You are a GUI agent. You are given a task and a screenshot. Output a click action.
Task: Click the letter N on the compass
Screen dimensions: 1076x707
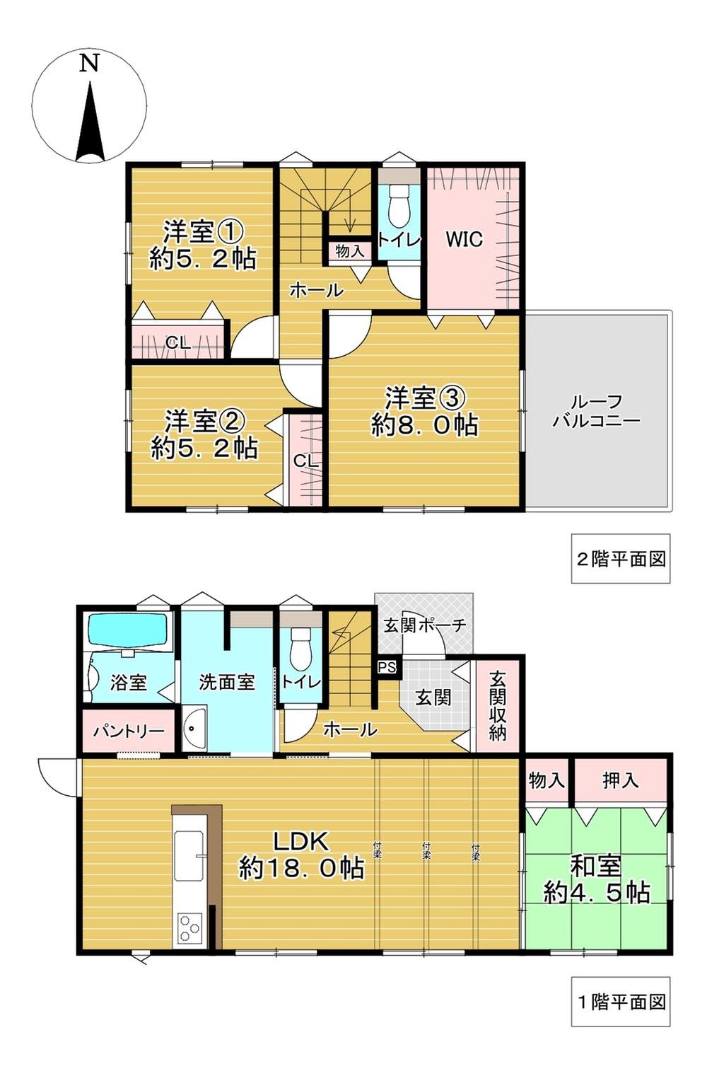click(x=88, y=64)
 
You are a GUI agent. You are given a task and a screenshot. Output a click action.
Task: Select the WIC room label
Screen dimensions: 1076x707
click(x=464, y=239)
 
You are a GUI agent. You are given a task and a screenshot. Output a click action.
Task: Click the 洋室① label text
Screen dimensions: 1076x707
click(x=204, y=231)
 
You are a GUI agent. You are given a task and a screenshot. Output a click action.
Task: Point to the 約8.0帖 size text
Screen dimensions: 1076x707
click(x=424, y=425)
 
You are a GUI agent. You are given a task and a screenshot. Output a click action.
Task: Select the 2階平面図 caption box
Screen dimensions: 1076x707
click(x=620, y=559)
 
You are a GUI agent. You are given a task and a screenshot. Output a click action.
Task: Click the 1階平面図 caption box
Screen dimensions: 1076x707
click(x=620, y=1002)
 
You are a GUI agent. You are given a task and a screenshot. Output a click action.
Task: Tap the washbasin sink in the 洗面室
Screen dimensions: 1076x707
click(x=193, y=729)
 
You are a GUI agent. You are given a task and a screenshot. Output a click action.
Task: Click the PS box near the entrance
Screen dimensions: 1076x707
click(x=387, y=666)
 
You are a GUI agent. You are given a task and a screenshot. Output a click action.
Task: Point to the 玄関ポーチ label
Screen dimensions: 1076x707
click(x=425, y=625)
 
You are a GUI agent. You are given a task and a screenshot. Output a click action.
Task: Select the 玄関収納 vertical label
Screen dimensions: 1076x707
click(x=498, y=705)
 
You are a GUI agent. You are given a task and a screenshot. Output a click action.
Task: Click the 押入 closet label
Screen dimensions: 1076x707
click(x=620, y=780)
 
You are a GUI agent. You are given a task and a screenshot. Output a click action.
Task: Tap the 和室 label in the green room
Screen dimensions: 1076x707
click(x=595, y=867)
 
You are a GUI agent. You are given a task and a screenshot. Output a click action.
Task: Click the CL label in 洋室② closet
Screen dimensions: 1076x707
click(x=306, y=461)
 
